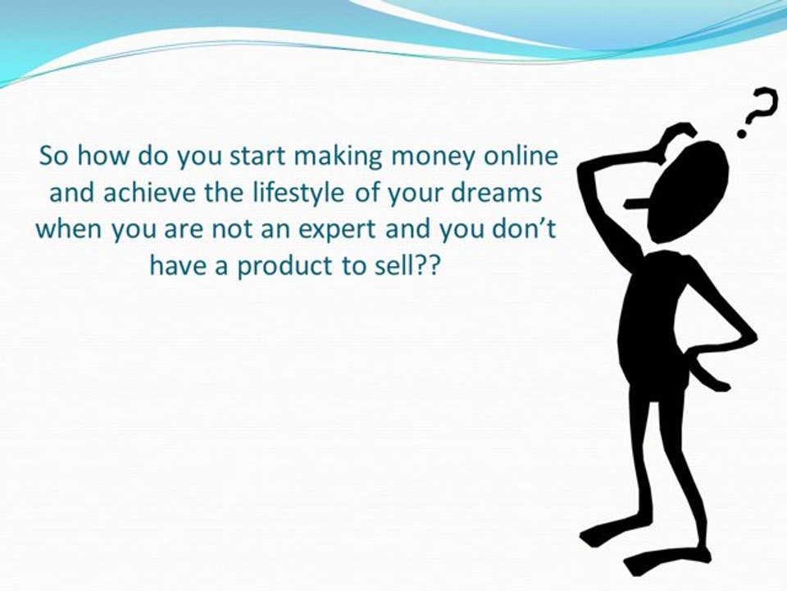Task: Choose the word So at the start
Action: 53,156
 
